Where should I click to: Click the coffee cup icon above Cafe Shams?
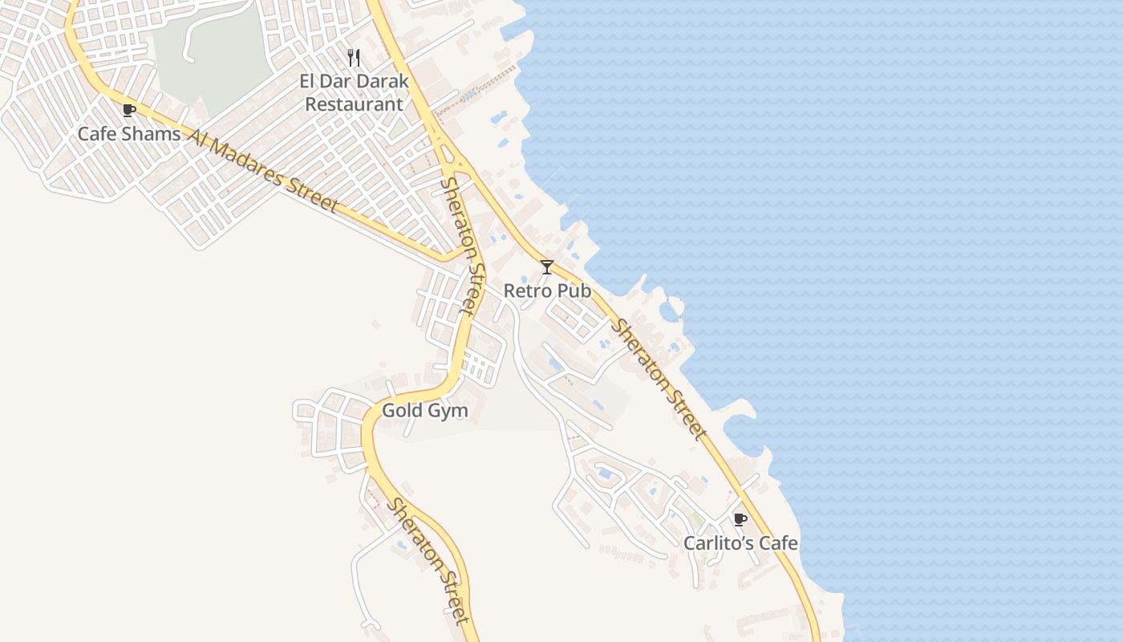click(x=128, y=110)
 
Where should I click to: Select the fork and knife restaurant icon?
click(x=354, y=58)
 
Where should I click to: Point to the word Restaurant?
click(x=354, y=104)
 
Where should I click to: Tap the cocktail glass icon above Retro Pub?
click(x=547, y=267)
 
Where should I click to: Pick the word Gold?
click(x=400, y=411)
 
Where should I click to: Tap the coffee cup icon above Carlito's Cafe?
click(x=740, y=520)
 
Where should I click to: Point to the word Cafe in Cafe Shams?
click(x=95, y=134)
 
